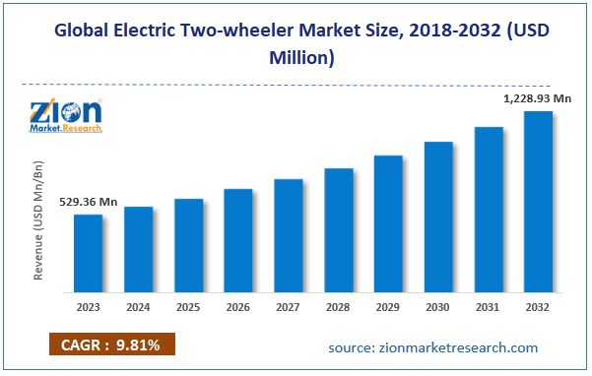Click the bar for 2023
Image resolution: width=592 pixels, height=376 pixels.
[88, 253]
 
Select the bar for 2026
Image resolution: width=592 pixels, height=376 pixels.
[238, 240]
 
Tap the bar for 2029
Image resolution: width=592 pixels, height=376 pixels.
[388, 223]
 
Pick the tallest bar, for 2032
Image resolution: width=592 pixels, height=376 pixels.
[538, 202]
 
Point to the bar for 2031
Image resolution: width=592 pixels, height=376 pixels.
[489, 209]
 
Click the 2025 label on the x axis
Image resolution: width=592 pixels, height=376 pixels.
[188, 307]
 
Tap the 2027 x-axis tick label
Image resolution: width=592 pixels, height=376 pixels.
[288, 307]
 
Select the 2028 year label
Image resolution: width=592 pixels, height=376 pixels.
[338, 307]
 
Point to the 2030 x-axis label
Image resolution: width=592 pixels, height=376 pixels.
[438, 307]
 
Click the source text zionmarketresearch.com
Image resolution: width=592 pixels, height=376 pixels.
[432, 347]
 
